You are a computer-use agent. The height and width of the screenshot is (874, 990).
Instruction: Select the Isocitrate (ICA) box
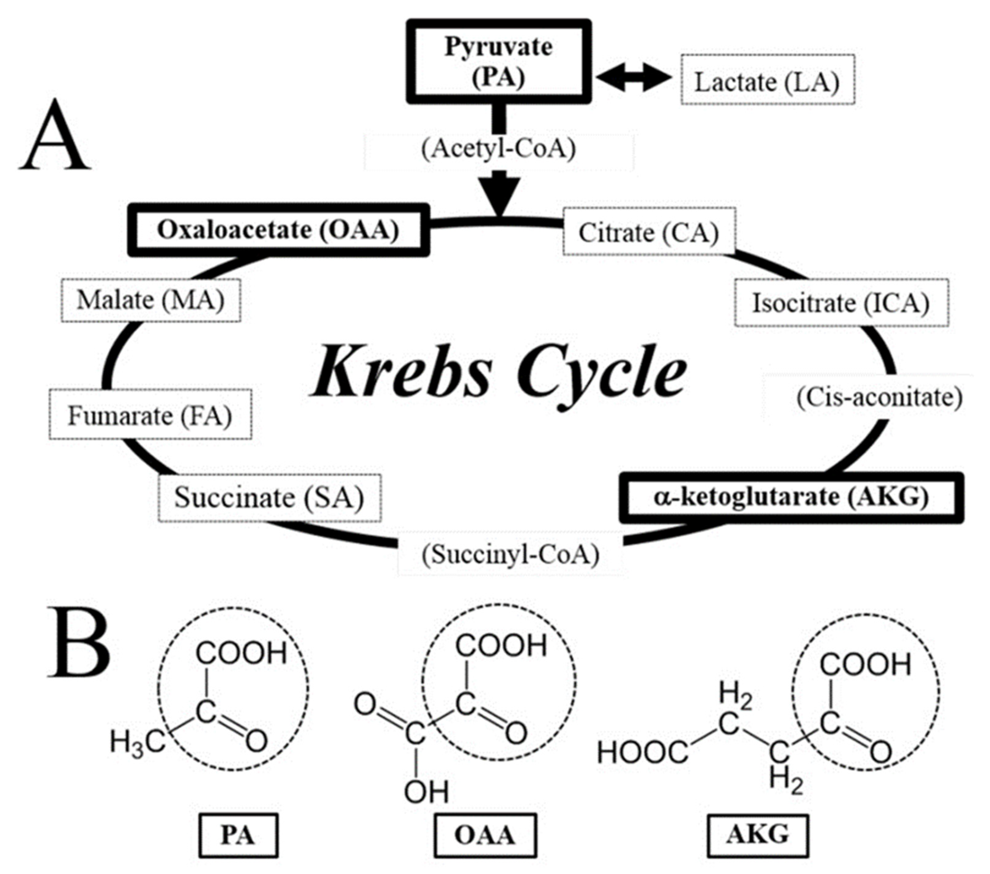coord(841,303)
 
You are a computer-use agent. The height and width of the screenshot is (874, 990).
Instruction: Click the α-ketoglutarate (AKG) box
coord(791,497)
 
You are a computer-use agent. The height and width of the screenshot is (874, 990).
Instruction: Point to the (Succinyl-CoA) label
coord(511,555)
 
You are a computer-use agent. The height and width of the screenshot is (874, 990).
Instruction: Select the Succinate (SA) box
coord(269,498)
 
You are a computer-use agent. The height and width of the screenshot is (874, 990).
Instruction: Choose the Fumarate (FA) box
coord(150,415)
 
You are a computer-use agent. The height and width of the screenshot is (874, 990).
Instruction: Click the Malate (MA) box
coord(151,300)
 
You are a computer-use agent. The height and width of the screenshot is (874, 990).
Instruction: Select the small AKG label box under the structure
coord(758,834)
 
